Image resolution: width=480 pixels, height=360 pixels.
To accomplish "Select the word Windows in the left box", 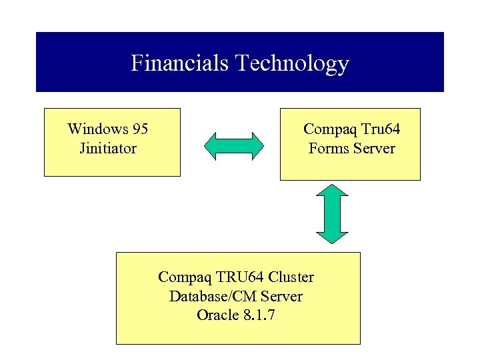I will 97,129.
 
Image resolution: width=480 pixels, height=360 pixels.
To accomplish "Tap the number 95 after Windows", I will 139,129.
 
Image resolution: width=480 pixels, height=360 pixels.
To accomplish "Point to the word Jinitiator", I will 107,148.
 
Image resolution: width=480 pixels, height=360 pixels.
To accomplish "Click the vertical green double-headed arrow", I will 332,213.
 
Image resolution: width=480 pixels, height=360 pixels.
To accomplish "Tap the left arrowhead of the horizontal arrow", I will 211,146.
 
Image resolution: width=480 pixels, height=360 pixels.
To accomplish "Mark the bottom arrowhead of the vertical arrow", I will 332,235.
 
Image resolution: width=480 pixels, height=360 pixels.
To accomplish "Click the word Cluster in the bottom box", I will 291,277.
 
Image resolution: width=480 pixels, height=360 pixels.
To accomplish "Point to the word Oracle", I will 217,315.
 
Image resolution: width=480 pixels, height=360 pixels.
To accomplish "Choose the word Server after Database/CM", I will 281,296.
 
